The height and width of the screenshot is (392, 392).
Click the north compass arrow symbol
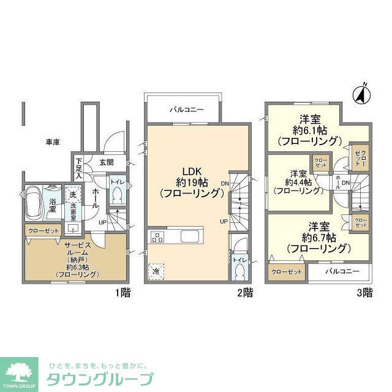click(x=361, y=94)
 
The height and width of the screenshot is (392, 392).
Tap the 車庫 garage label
click(x=52, y=142)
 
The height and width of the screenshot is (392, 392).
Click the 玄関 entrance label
click(x=106, y=163)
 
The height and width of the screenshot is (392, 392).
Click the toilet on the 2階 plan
click(x=238, y=265)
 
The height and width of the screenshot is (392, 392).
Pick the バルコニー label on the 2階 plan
click(x=186, y=110)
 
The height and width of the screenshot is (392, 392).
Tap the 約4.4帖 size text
click(x=298, y=181)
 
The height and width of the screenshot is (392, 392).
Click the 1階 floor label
click(x=122, y=292)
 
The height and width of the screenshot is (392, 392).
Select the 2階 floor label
click(x=244, y=292)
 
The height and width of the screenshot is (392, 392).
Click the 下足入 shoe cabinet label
click(x=78, y=165)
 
